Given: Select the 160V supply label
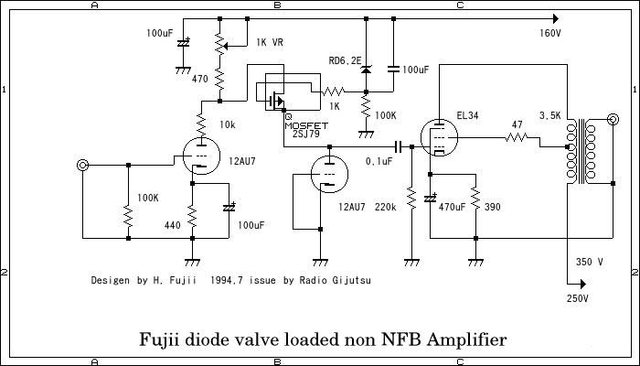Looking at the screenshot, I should (x=550, y=34).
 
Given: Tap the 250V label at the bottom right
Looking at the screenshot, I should (x=578, y=298).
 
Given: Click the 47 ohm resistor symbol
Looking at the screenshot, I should (x=517, y=140).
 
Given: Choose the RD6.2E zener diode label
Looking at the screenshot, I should (x=344, y=60).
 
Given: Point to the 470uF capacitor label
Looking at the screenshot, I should (x=453, y=209).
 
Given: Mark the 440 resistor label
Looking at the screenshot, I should (x=172, y=224).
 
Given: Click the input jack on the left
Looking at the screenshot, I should (x=83, y=165).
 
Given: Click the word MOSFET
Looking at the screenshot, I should (x=304, y=124).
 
